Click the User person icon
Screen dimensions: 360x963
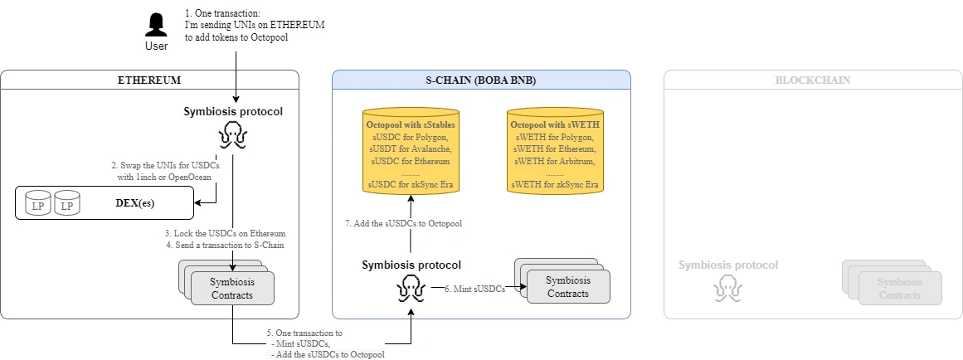pyautogui.click(x=156, y=25)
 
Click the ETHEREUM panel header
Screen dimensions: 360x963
pyautogui.click(x=149, y=80)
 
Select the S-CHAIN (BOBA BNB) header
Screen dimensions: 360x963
pyautogui.click(x=481, y=80)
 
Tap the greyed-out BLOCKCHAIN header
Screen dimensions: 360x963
pyautogui.click(x=812, y=80)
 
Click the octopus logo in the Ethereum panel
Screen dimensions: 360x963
pyautogui.click(x=232, y=134)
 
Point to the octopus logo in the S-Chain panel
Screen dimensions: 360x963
pyautogui.click(x=411, y=288)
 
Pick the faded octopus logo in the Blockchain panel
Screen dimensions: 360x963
pyautogui.click(x=727, y=288)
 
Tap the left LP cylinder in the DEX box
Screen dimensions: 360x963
pyautogui.click(x=38, y=204)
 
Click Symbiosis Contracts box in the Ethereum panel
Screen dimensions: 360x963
pyautogui.click(x=232, y=287)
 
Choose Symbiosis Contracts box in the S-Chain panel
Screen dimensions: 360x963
pyautogui.click(x=567, y=287)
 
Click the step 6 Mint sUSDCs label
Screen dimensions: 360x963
pyautogui.click(x=474, y=289)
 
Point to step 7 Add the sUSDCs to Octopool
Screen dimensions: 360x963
pyautogui.click(x=402, y=223)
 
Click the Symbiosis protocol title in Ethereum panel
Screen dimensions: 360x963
pyautogui.click(x=232, y=111)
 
